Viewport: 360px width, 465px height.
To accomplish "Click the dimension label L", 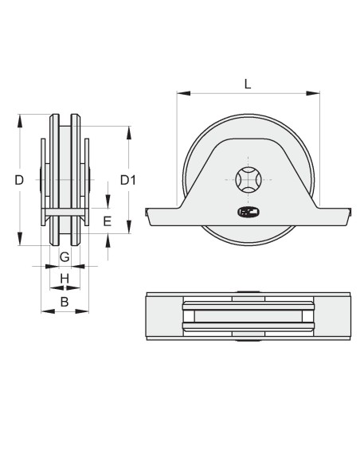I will coord(248,82).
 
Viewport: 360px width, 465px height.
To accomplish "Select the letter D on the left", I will coord(19,180).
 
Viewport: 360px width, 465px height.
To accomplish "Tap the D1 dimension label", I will coord(128,180).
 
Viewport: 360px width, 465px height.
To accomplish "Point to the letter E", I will coord(107,221).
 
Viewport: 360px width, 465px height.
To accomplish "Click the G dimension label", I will coord(65,256).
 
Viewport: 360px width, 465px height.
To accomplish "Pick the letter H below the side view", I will coord(65,278).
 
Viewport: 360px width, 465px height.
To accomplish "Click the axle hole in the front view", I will coord(248,180).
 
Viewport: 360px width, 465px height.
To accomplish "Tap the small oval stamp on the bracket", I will coord(248,212).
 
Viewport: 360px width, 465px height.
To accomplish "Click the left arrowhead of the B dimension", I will coord(45,311).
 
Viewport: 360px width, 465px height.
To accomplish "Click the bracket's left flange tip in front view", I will coord(149,213).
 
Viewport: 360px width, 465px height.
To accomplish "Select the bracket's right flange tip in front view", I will coord(348,213).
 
